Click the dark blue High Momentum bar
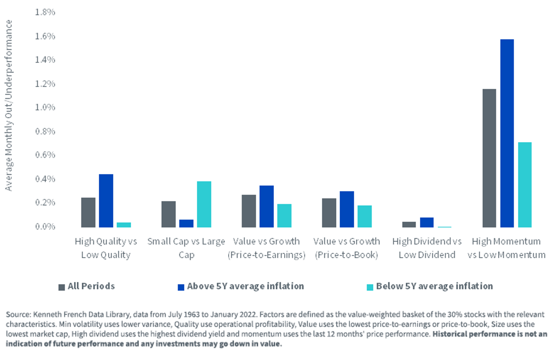click(x=507, y=133)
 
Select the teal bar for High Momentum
click(x=525, y=185)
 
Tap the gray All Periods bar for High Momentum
click(x=489, y=158)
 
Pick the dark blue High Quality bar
click(x=106, y=200)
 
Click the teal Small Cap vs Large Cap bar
click(x=204, y=205)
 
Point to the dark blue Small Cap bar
click(x=186, y=223)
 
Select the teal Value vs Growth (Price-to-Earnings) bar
click(x=284, y=216)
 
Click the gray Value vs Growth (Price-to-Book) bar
click(x=329, y=213)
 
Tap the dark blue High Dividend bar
click(x=427, y=223)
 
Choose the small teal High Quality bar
click(x=124, y=225)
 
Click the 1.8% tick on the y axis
click(x=45, y=12)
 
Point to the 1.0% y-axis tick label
click(x=45, y=108)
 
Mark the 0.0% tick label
click(x=45, y=227)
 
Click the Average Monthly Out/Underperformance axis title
click(x=9, y=105)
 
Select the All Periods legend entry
click(x=86, y=286)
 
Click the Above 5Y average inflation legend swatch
click(x=181, y=287)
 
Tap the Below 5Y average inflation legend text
click(x=434, y=286)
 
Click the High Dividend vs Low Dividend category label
click(x=427, y=248)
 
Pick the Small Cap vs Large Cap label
click(x=186, y=248)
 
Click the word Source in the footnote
click(x=18, y=314)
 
